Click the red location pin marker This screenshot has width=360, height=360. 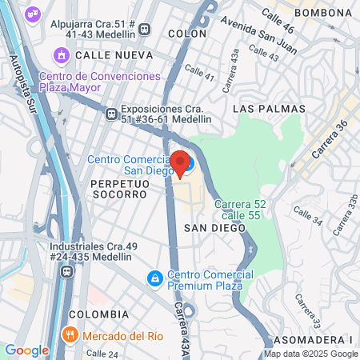(180, 162)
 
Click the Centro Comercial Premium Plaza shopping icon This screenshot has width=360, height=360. (154, 279)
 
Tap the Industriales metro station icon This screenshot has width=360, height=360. (66, 271)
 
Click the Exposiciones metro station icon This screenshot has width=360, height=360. (111, 114)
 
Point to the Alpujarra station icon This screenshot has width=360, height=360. (145, 30)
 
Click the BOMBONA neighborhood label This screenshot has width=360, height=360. (322, 14)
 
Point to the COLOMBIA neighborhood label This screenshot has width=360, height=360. (99, 314)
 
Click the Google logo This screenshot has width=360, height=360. (26, 350)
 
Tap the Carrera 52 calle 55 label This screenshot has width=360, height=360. (239, 209)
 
